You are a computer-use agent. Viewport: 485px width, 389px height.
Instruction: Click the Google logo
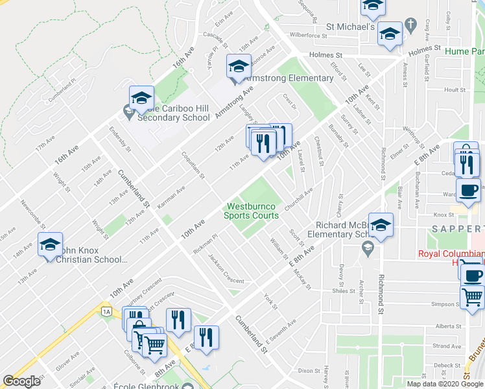click(x=21, y=381)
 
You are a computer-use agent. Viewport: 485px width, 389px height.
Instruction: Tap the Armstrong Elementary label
click(x=289, y=78)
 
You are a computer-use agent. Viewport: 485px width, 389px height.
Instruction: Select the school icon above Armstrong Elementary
click(x=238, y=66)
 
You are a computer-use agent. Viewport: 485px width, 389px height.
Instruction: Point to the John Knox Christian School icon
click(x=50, y=245)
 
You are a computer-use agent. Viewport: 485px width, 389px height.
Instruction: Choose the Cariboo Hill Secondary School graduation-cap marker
click(x=141, y=99)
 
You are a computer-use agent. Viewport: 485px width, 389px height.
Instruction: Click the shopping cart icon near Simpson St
click(x=472, y=297)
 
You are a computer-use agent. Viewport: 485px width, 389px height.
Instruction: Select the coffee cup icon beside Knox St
click(x=468, y=191)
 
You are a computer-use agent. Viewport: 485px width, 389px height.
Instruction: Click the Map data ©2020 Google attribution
click(x=444, y=384)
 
